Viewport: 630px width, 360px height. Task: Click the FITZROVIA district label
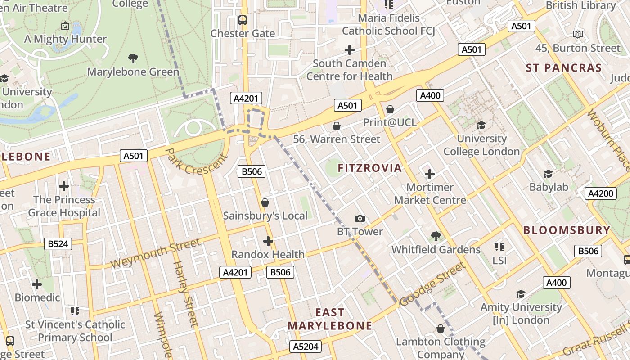[369, 168]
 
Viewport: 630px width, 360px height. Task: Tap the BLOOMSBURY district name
[567, 230]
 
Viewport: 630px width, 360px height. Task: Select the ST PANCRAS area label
[564, 68]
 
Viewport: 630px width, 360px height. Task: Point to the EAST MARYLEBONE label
[330, 319]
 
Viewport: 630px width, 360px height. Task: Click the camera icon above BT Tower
[360, 219]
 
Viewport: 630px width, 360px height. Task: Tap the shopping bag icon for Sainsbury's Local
[265, 202]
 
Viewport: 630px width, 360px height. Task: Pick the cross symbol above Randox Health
[268, 241]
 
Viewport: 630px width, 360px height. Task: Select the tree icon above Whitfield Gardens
[436, 236]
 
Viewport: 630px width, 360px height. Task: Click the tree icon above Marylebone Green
[133, 58]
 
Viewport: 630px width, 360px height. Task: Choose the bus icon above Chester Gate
[243, 20]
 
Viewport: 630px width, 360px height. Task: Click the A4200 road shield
[601, 193]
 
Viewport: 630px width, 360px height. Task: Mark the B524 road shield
[58, 244]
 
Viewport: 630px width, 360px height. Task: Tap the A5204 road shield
[306, 346]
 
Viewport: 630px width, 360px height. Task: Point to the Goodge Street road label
[432, 284]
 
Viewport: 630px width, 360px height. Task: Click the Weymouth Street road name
[155, 253]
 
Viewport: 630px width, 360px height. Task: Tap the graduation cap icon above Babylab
[548, 174]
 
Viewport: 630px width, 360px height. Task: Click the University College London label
[481, 145]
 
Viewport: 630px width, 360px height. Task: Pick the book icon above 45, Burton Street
[578, 34]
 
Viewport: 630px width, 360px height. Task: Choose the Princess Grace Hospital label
[64, 206]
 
